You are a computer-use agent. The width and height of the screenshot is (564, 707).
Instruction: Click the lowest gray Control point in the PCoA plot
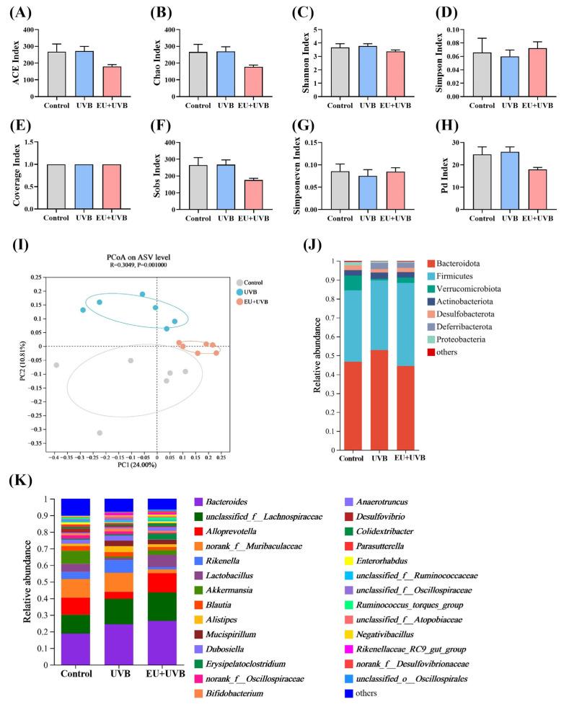[100, 433]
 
